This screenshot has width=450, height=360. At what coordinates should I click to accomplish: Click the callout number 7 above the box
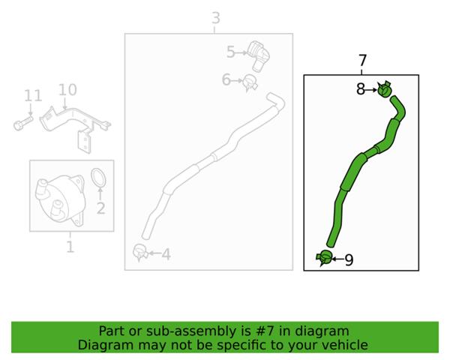point(363,61)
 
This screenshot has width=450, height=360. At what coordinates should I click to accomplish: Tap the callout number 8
point(361,89)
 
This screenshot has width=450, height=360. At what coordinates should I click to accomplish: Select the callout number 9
point(349,259)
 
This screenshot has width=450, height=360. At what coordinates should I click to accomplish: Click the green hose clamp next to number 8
point(385,89)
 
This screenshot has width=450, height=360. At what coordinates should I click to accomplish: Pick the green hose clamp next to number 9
point(324,257)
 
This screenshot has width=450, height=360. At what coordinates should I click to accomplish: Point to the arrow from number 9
point(338,259)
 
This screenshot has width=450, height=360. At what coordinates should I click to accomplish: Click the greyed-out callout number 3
point(216,18)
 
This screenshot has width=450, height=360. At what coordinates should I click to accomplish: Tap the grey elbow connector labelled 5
point(259,55)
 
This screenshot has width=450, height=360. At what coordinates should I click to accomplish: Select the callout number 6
point(226,79)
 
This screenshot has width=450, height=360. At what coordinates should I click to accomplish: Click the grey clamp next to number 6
point(250,83)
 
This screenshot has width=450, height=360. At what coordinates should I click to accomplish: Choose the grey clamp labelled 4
point(140,252)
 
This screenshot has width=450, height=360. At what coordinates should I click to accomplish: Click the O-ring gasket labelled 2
point(98,178)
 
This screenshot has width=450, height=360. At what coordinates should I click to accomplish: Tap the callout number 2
point(100,208)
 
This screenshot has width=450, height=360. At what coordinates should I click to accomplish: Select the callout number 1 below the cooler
point(70,247)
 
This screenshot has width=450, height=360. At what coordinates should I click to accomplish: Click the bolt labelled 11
point(23,123)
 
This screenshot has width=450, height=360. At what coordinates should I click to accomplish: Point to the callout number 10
point(67,90)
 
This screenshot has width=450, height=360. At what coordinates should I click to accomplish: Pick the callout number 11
point(33,95)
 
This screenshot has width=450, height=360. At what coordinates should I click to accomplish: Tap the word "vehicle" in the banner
point(349,345)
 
